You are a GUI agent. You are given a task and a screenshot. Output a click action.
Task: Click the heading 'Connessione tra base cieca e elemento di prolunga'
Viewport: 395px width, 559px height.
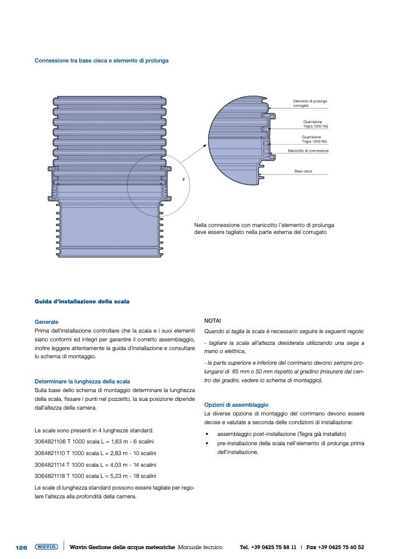pyautogui.click(x=102, y=60)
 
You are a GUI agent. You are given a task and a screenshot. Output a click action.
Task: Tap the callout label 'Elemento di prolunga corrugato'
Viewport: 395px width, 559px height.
pyautogui.click(x=310, y=103)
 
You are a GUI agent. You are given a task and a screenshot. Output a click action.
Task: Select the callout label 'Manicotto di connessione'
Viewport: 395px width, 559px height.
pyautogui.click(x=309, y=151)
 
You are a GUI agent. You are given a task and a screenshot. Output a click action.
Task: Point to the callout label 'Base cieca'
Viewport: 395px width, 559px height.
pyautogui.click(x=303, y=171)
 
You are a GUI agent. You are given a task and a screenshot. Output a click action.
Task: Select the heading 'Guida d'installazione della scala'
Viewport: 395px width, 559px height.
pyautogui.click(x=82, y=302)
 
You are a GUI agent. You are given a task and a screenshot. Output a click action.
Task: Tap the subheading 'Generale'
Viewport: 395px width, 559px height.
pyautogui.click(x=47, y=322)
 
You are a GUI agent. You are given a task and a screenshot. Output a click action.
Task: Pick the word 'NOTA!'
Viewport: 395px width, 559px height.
pyautogui.click(x=213, y=321)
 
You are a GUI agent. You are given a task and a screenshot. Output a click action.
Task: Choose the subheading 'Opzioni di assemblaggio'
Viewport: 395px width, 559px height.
pyautogui.click(x=236, y=404)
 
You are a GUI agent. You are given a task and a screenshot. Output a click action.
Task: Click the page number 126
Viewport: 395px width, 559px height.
pyautogui.click(x=22, y=547)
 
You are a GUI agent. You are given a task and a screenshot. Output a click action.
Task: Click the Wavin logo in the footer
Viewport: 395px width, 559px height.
pyautogui.click(x=46, y=547)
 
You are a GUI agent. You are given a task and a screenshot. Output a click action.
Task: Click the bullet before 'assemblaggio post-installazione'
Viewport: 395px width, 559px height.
pyautogui.click(x=207, y=435)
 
